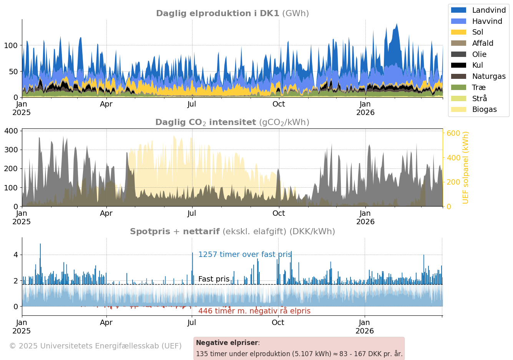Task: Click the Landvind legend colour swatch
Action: click(x=458, y=10)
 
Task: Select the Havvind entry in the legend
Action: click(x=487, y=22)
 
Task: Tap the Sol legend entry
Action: click(x=477, y=32)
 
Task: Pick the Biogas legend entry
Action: click(x=484, y=110)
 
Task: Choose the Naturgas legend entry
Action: click(x=488, y=77)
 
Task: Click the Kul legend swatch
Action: click(x=458, y=65)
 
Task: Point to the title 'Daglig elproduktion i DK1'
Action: click(x=217, y=13)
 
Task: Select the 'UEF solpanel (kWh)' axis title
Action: click(x=466, y=168)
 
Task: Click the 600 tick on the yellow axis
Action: click(x=453, y=133)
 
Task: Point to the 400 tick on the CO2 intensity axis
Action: click(x=11, y=131)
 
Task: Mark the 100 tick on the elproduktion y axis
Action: click(x=11, y=46)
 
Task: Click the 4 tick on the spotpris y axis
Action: click(x=15, y=255)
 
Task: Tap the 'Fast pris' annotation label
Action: click(x=214, y=279)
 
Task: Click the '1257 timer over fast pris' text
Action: click(x=245, y=255)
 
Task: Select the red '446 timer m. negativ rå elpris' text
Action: click(x=254, y=311)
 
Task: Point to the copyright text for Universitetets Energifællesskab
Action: click(x=95, y=346)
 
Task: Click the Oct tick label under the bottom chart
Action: click(x=278, y=323)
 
